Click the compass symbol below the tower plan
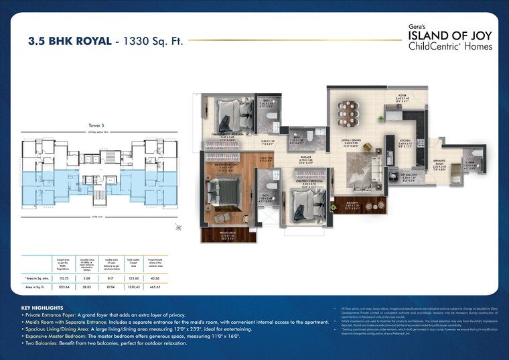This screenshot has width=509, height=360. point(177,228)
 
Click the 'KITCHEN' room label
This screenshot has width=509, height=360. point(405,141)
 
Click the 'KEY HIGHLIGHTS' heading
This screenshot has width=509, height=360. point(43,308)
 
